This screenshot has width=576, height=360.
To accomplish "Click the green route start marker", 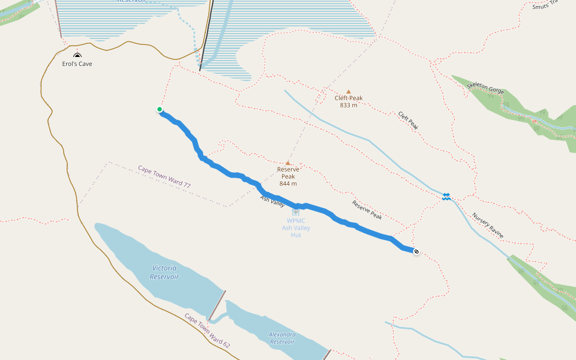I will [160, 109].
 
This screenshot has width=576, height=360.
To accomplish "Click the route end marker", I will [416, 252].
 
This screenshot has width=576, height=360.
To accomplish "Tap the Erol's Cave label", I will [77, 64].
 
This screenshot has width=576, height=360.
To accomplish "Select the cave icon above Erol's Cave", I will [77, 55].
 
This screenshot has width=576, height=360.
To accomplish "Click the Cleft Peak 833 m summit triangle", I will [348, 92].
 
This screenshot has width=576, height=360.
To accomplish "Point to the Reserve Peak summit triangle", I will [288, 163].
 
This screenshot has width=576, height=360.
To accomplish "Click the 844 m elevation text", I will [288, 184].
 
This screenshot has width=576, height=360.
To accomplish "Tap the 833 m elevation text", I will [348, 105].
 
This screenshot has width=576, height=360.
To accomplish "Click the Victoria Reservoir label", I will [164, 272].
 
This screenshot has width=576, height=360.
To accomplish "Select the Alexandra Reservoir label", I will [282, 338].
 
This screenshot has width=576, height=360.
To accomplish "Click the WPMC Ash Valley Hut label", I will [296, 228].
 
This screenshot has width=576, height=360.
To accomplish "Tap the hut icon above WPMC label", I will [295, 213].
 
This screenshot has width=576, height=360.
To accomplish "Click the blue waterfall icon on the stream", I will [446, 196].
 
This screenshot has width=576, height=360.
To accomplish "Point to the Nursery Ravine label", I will [487, 225].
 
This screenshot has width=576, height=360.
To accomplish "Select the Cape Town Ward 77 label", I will [164, 177].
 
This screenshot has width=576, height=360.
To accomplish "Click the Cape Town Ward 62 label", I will [207, 331].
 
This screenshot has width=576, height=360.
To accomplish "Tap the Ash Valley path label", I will [272, 202].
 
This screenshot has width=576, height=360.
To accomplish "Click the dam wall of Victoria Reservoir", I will [217, 305].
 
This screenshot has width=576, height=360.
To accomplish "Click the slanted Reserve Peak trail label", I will [367, 209].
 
